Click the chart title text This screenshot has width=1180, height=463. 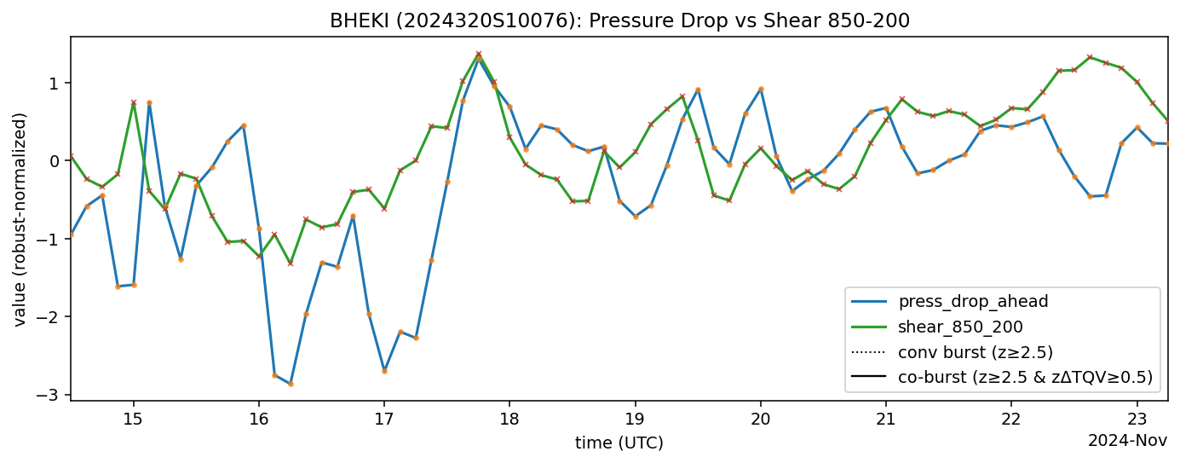pos(619,20)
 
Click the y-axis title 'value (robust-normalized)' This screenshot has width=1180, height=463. pos(20,219)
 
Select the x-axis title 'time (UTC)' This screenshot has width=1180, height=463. pos(619,443)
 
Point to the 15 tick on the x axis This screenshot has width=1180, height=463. pos(133,420)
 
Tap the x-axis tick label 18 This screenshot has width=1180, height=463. pos(509,420)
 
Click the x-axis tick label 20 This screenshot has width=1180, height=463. pos(760,420)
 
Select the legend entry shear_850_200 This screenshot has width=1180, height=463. pos(960,327)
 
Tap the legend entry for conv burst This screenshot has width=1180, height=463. pos(976,352)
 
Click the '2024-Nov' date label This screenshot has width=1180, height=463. pos(1127,441)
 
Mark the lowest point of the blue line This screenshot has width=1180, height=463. pos(291,384)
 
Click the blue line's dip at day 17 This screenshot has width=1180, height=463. pos(384,371)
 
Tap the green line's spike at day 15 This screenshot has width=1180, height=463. pos(134,102)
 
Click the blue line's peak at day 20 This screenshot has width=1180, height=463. pos(761,89)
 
